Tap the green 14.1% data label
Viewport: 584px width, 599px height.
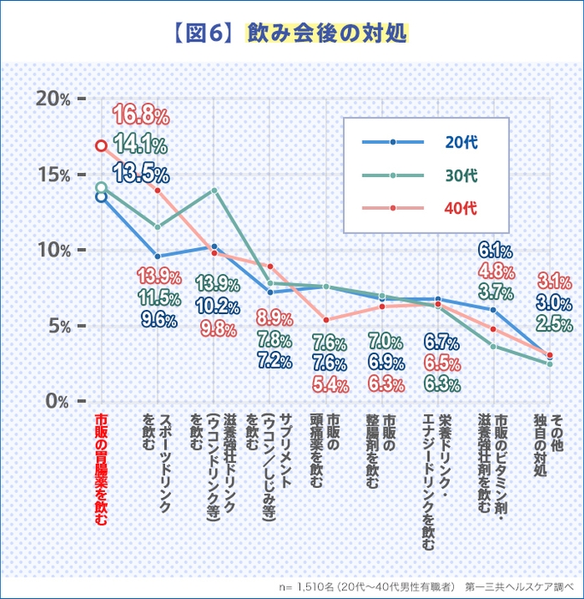coord(139,143)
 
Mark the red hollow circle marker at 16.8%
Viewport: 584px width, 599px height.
coord(101,145)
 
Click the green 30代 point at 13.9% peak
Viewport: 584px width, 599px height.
coord(215,190)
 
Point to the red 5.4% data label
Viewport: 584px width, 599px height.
coord(329,385)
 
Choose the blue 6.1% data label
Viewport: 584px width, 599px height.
coord(495,251)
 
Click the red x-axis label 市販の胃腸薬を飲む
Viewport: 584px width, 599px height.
coord(101,470)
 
